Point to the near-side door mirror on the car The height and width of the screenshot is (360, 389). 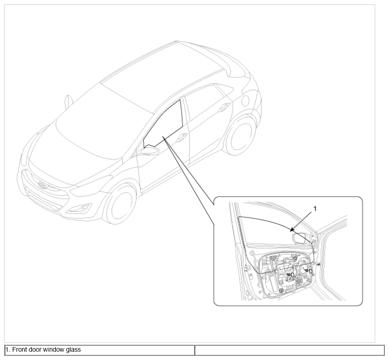coord(150,150)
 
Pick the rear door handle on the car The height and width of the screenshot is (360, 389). coord(224,106)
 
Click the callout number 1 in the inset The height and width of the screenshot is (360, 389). coord(315,209)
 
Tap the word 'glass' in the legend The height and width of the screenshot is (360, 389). coord(73,349)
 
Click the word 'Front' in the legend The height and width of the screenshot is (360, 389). coord(19,349)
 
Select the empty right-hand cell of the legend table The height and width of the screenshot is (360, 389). coord(289,350)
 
